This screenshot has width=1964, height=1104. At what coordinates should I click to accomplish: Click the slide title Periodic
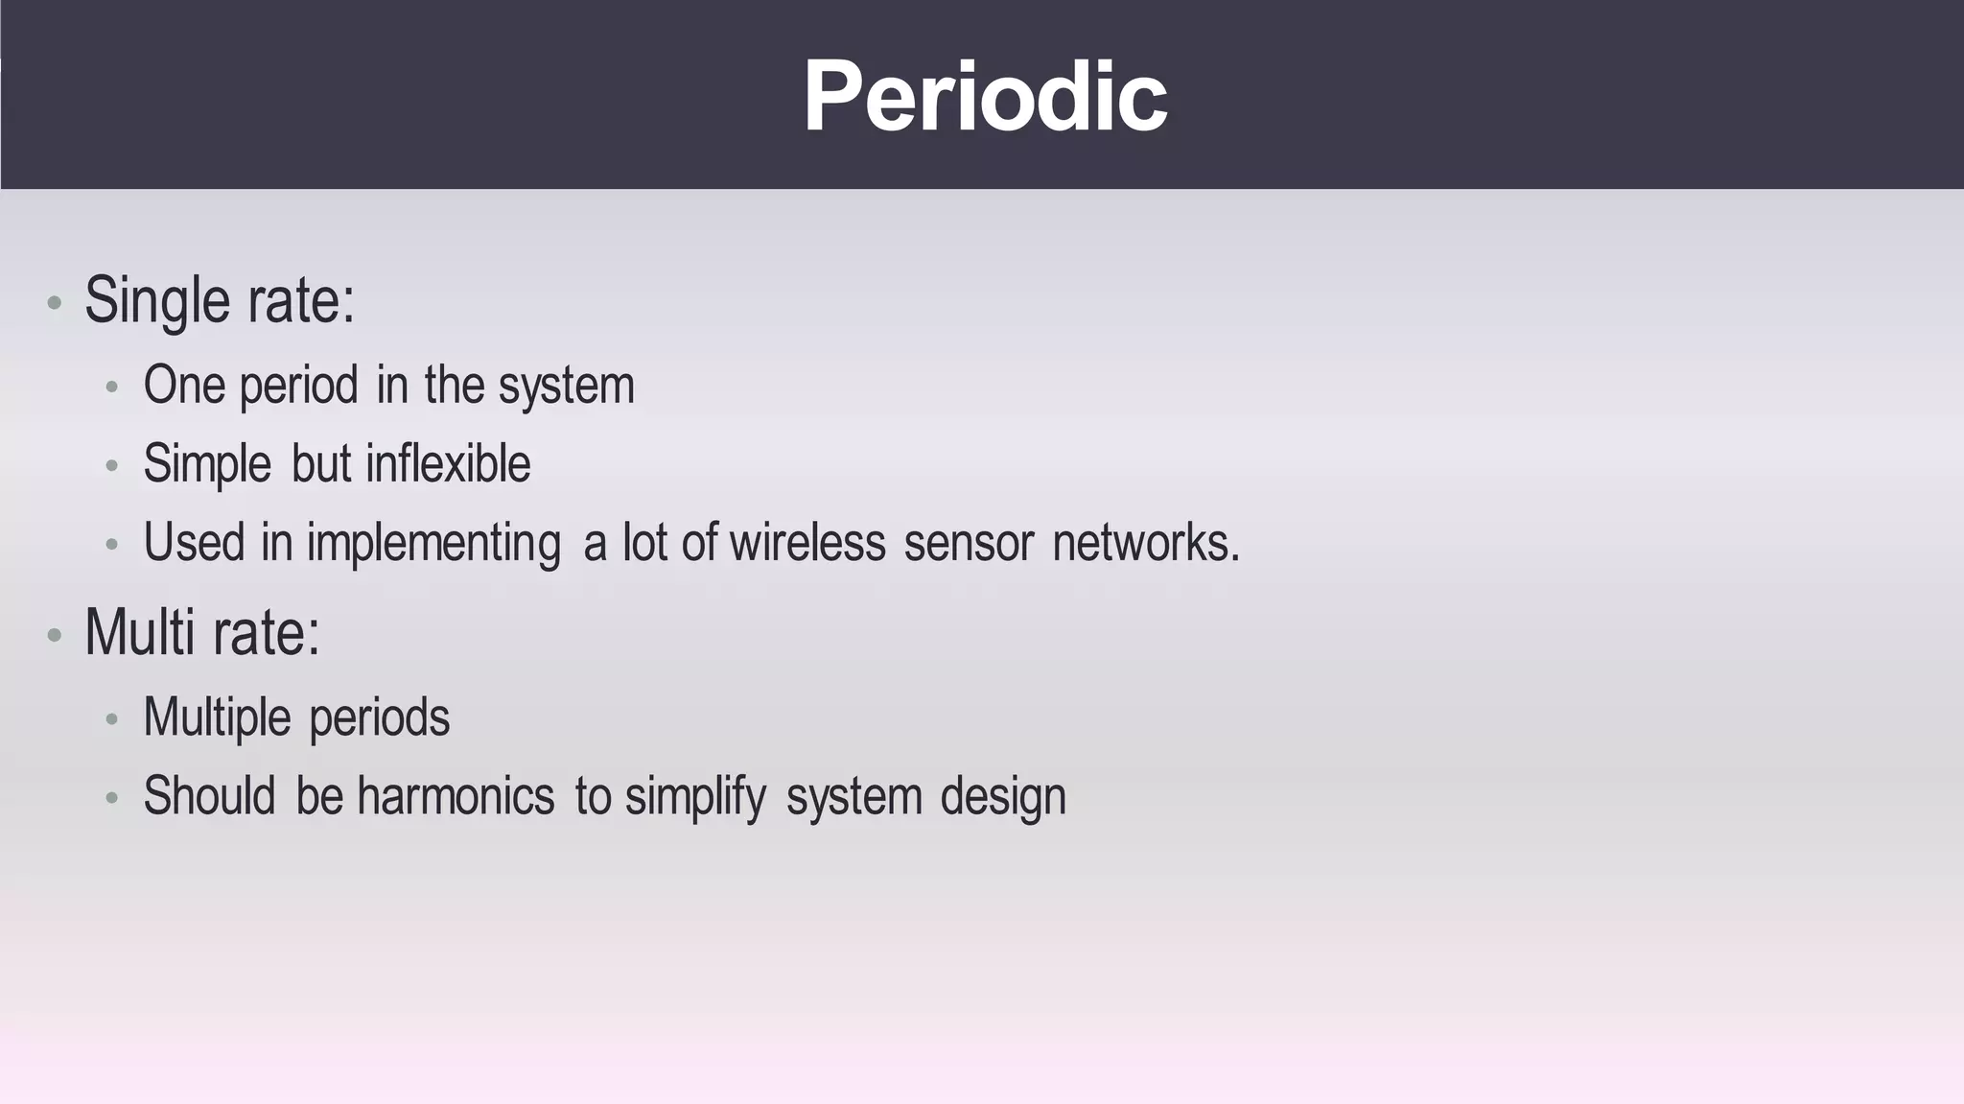click(x=985, y=97)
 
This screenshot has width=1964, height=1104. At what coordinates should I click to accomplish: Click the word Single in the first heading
click(x=157, y=300)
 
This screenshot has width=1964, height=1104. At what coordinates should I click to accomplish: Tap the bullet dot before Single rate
click(x=55, y=304)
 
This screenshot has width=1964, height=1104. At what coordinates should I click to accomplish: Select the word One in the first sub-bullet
click(x=183, y=385)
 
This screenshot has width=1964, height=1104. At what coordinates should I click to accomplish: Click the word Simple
click(x=207, y=464)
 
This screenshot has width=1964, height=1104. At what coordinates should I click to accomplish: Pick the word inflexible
click(x=448, y=464)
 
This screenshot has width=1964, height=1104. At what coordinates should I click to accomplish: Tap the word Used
click(x=194, y=542)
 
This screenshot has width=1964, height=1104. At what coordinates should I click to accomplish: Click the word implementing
click(x=433, y=544)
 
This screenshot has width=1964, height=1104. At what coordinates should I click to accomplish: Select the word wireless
click(x=807, y=542)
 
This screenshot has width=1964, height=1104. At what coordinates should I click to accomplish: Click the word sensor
click(x=969, y=543)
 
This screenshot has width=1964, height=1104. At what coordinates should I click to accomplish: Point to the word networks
click(x=1145, y=542)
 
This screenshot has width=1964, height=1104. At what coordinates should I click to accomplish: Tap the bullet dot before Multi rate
click(x=55, y=636)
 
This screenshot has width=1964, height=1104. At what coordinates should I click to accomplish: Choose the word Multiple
click(x=217, y=717)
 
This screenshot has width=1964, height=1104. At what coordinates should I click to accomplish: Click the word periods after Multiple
click(x=379, y=717)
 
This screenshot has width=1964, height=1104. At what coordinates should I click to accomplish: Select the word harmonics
click(x=456, y=796)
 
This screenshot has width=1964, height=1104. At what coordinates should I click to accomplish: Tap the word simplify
click(x=695, y=797)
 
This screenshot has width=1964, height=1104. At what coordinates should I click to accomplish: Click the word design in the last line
click(x=1002, y=797)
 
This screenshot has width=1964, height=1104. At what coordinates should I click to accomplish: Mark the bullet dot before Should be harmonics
click(x=112, y=798)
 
